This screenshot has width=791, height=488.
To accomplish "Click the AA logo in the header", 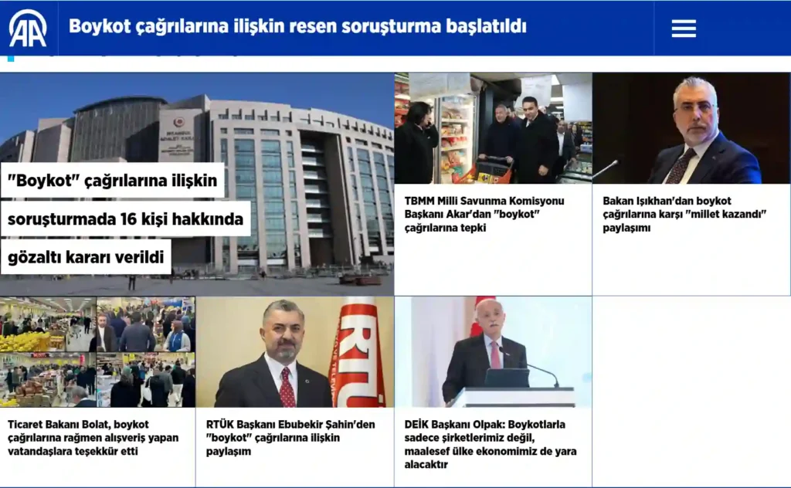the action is (28, 29).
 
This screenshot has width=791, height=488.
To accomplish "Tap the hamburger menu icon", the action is (684, 29).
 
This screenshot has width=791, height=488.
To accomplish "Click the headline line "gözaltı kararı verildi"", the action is (86, 257).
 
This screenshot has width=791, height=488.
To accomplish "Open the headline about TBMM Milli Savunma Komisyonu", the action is (484, 214).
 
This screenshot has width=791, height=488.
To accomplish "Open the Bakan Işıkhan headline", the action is (684, 214).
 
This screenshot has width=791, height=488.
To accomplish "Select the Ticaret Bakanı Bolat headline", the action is (93, 438).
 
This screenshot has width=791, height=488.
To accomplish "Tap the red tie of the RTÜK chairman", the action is (287, 388).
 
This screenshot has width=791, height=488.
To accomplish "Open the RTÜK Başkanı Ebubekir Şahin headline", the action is (290, 438).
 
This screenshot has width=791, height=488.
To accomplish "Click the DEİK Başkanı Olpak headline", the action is (491, 444).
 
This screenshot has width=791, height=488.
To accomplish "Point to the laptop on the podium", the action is (507, 378).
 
